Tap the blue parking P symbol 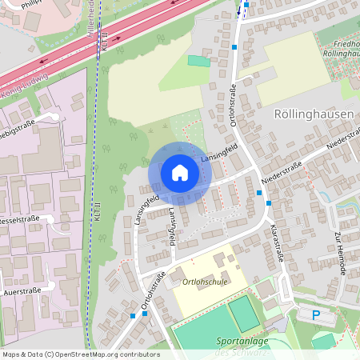pyautogui.click(x=316, y=315)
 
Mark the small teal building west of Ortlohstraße pyautogui.click(x=198, y=61)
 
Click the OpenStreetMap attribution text pyautogui.click(x=80, y=354)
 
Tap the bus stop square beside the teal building pyautogui.click(x=234, y=47)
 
